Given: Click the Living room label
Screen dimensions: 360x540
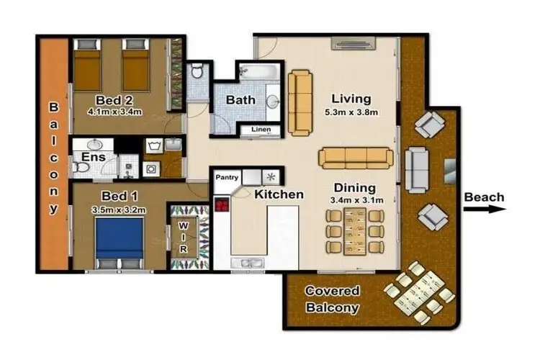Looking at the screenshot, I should click(351, 99).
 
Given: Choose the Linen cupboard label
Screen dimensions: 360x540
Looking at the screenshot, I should click(261, 130).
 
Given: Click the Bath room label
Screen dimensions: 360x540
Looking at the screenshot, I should click(240, 100).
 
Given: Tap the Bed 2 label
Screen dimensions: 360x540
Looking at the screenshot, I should click(112, 99).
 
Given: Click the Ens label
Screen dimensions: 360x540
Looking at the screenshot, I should click(94, 157).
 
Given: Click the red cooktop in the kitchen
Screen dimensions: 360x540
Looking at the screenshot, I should click(221, 204).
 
